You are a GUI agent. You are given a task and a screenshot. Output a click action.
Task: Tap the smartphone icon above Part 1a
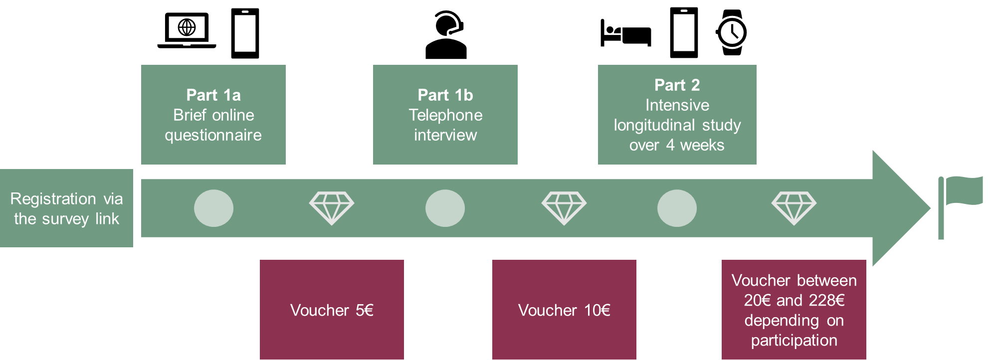point(245,33)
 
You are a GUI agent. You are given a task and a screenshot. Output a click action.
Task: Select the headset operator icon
point(446,35)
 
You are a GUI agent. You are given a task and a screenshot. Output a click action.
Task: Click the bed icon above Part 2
point(626,33)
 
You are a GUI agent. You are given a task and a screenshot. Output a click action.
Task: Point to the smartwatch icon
point(731,32)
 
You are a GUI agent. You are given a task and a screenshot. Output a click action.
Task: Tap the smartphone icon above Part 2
point(684,33)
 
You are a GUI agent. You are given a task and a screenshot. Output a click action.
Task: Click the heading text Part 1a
point(213,95)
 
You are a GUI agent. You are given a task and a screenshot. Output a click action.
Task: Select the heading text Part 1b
point(445,95)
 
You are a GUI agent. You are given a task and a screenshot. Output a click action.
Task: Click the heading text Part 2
point(677,85)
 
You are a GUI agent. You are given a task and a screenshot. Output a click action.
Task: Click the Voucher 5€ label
point(332,310)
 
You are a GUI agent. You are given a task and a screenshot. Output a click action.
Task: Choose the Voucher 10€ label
point(564,310)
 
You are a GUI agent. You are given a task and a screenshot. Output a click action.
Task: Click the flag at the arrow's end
point(960,207)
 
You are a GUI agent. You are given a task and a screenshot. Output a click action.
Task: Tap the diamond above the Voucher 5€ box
point(332,208)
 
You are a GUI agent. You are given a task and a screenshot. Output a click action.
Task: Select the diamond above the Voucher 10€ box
point(564,208)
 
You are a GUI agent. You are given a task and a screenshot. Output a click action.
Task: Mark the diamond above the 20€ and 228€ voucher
point(794,208)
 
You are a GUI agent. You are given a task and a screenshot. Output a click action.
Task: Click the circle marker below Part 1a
point(213,208)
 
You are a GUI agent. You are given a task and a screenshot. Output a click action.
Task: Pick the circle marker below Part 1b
point(445,208)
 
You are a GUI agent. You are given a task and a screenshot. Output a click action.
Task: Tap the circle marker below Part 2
point(677,208)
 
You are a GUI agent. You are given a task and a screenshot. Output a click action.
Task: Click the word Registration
point(53,199)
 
